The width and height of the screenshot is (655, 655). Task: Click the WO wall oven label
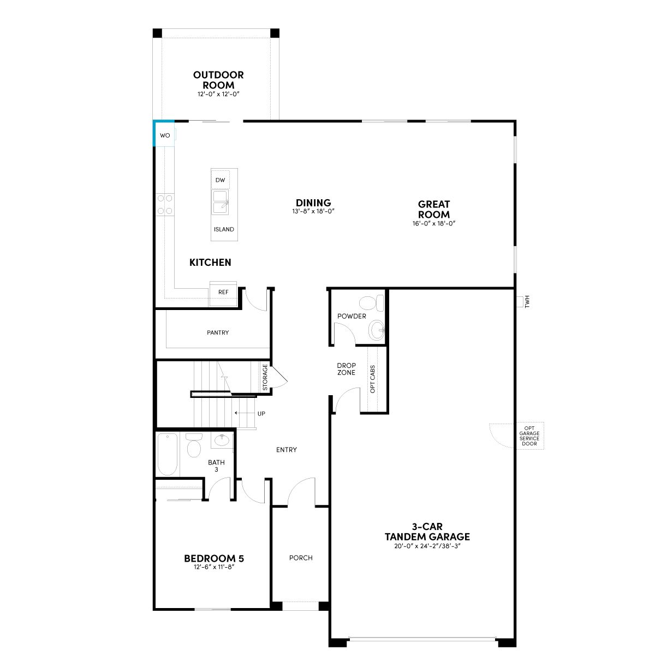165,135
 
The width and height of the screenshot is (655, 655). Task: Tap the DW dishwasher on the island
221,180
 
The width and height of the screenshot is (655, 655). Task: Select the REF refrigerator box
223,293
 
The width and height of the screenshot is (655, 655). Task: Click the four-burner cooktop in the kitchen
165,204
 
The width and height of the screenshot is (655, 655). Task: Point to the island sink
221,202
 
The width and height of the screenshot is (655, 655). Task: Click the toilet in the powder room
371,303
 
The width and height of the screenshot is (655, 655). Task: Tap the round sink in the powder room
377,329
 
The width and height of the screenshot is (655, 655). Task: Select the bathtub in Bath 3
167,454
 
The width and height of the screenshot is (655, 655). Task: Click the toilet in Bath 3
194,445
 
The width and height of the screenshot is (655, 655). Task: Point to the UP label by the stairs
261,414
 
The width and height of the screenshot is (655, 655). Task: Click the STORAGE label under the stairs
265,377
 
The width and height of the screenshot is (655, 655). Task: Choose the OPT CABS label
373,379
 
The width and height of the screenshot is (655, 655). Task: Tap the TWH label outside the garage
527,301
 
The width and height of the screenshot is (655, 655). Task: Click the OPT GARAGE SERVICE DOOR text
529,436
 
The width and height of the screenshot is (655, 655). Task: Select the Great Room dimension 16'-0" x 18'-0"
434,223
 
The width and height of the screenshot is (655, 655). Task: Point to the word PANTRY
218,332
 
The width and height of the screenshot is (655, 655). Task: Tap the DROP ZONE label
347,369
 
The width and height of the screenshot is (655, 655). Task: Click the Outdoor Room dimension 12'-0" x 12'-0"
218,94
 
